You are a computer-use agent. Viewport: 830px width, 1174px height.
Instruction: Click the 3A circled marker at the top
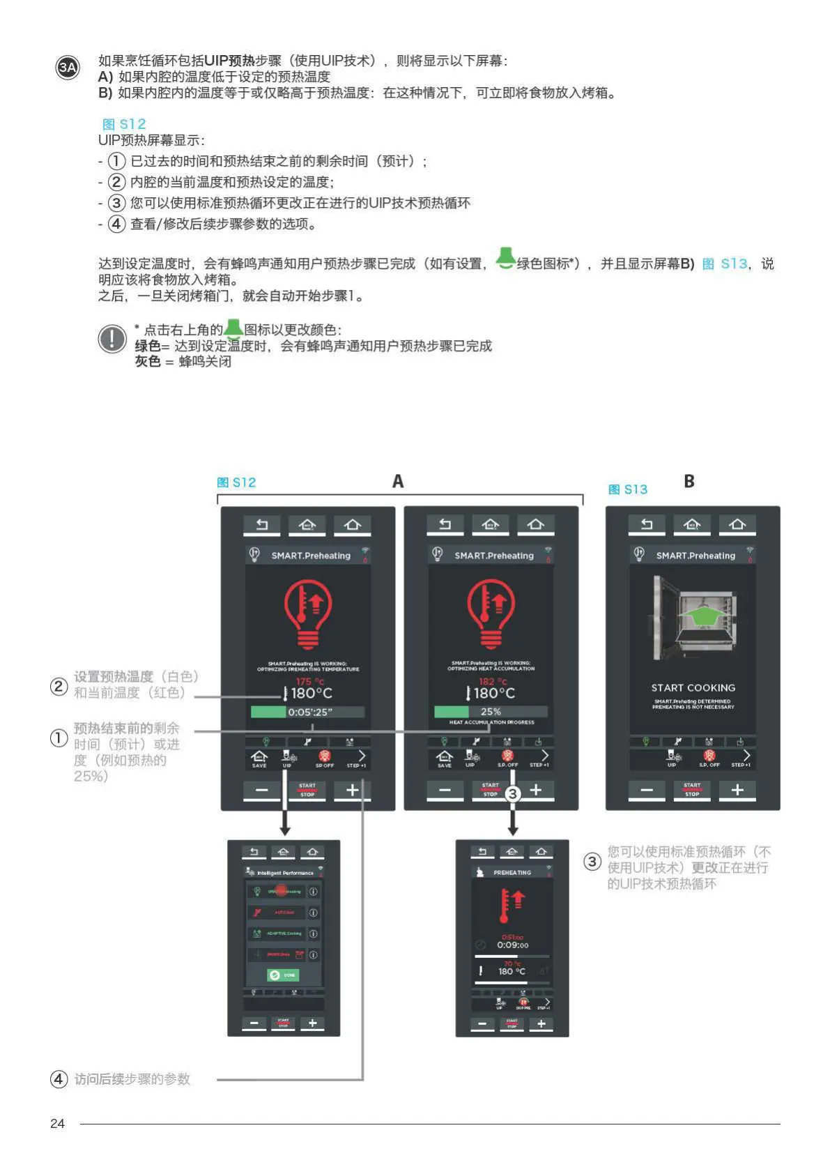[68, 68]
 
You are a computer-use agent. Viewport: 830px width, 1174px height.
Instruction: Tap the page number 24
[57, 1123]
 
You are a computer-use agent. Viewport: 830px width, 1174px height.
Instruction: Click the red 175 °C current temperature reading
[309, 681]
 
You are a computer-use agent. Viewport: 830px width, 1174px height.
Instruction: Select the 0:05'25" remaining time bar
[307, 712]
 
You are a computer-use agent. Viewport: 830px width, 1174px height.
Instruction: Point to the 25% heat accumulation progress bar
[491, 712]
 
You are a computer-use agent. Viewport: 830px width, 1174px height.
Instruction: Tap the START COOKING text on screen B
[693, 687]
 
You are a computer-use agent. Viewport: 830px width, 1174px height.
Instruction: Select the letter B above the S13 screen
[689, 482]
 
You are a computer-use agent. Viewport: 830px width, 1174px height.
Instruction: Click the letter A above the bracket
[398, 482]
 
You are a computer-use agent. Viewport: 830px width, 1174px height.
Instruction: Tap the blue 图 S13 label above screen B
[628, 489]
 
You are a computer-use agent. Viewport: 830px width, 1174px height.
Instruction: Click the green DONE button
[283, 975]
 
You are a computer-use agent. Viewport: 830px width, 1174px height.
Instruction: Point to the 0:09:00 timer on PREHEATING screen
[512, 945]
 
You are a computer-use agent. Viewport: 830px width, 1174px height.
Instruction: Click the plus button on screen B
[737, 790]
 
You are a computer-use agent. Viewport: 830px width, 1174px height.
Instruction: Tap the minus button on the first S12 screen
[262, 790]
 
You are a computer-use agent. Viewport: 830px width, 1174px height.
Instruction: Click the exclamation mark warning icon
[112, 339]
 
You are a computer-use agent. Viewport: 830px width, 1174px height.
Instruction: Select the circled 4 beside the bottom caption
[59, 1079]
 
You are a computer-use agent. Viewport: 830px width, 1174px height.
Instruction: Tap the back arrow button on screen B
[647, 524]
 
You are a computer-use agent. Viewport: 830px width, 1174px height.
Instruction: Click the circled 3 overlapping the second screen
[513, 793]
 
